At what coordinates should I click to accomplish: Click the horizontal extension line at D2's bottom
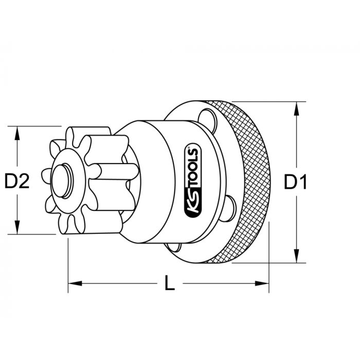click(x=36, y=234)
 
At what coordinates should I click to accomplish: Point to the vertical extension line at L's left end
click(x=68, y=257)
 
